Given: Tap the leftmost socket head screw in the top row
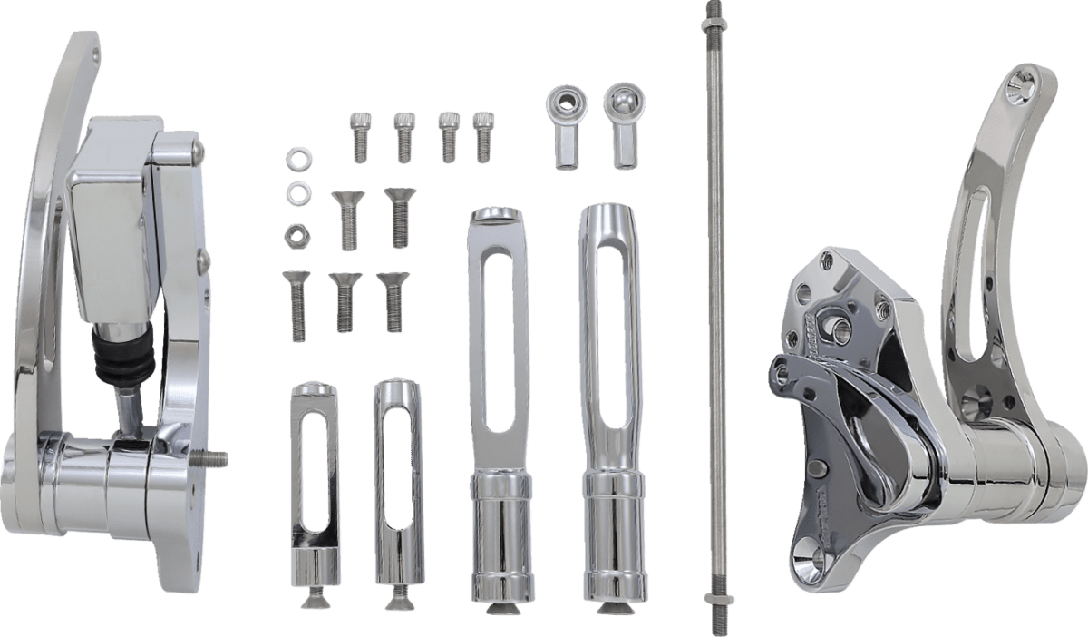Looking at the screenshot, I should point(359,135).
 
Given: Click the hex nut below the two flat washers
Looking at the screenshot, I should point(296,235).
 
